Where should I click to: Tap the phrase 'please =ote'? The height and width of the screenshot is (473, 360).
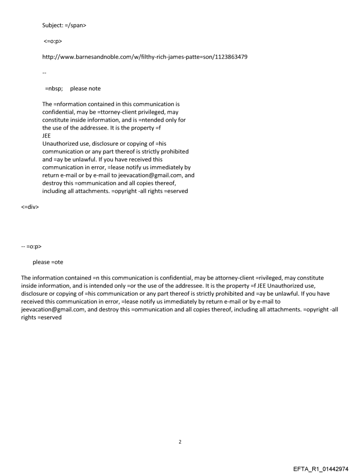point(48,262)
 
